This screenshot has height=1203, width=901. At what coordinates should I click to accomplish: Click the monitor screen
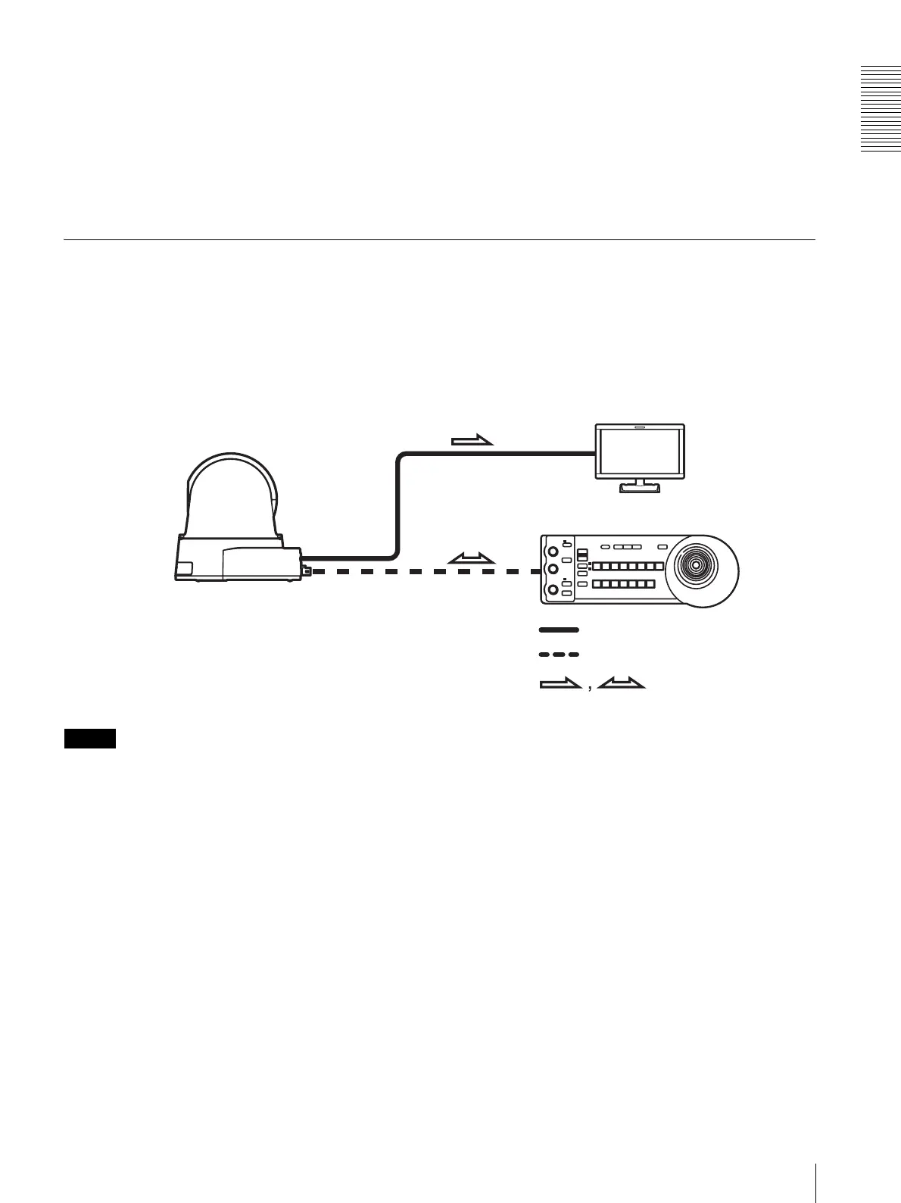pos(640,452)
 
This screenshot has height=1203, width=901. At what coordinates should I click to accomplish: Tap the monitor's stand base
pos(641,489)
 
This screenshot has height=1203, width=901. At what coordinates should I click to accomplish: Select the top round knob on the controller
pos(553,549)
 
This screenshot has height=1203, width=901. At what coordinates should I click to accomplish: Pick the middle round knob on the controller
pos(553,569)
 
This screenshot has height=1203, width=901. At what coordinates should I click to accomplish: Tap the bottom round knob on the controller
pos(553,589)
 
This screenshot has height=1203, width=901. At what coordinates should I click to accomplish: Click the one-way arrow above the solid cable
pos(472,439)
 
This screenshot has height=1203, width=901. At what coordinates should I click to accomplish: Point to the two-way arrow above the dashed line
pos(471,558)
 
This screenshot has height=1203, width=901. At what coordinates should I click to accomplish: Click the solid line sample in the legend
pos(559,630)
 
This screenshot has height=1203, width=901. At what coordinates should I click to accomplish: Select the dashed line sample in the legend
pos(559,654)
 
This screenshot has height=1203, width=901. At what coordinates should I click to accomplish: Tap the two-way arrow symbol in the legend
pos(620,685)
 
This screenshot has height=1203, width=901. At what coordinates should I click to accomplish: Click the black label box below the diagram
pos(89,739)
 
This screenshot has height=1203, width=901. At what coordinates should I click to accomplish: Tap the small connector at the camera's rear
pos(306,571)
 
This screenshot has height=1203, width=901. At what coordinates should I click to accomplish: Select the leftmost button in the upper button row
pos(595,567)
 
